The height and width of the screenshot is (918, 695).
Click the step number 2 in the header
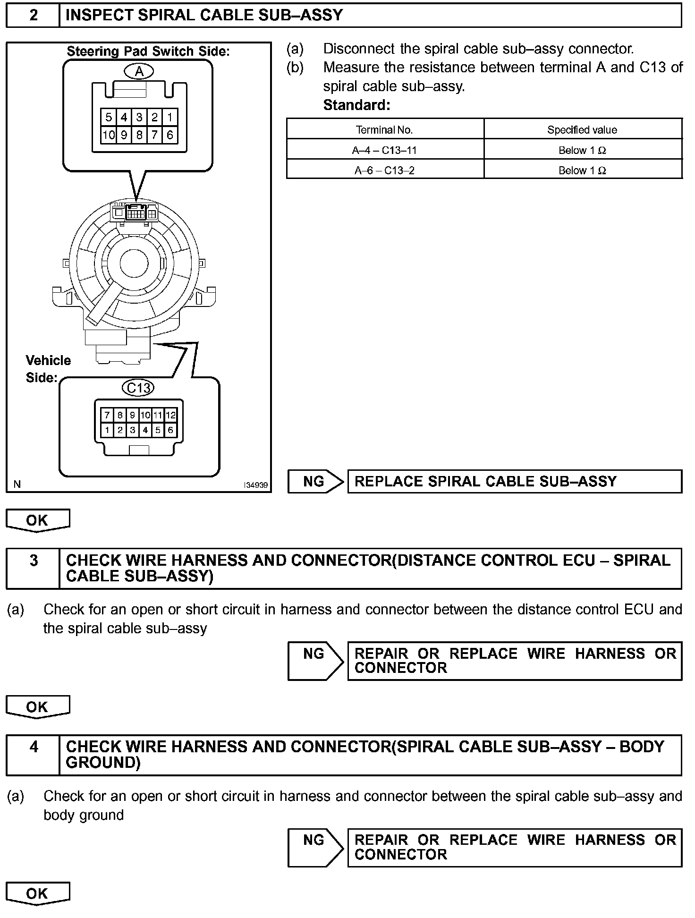33,16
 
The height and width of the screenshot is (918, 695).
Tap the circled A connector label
139,71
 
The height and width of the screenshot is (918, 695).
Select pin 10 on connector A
109,135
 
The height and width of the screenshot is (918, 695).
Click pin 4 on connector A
124,117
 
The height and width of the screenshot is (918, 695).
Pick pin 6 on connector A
170,135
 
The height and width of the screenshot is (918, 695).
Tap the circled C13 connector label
138,388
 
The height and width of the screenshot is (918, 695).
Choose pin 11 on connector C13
158,415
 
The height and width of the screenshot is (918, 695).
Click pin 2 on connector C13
120,430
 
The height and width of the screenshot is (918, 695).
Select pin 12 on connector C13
170,415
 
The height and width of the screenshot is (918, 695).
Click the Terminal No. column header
384,130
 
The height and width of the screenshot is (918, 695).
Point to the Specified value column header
582,130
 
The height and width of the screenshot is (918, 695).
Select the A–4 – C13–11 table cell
384,150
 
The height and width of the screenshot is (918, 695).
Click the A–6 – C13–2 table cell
384,170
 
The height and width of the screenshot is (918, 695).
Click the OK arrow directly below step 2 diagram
37,520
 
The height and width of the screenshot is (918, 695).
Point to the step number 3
33,561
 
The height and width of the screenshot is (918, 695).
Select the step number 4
33,747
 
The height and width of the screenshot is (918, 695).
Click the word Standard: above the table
356,105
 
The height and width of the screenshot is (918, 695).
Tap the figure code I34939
256,485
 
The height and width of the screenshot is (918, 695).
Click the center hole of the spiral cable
134,263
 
